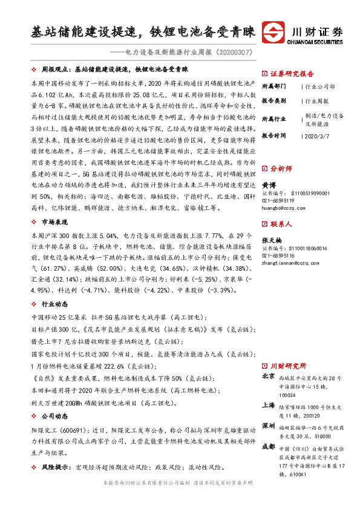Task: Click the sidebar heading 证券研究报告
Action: click(290, 71)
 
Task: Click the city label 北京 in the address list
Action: click(268, 377)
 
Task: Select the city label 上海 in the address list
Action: click(268, 406)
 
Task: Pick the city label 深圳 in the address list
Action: click(268, 426)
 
